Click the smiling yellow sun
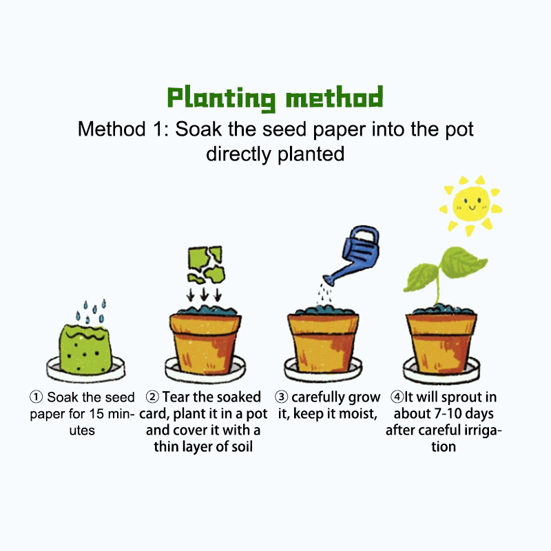pos(470,205)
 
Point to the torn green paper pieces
pos(206,264)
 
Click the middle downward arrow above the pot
pos(204,295)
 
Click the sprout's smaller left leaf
pos(420,278)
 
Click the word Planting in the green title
pos(221,98)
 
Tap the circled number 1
pos(36,397)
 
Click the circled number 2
pos(152,397)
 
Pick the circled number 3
pos(281,397)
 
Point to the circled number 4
pos(397,397)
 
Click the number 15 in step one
pos(96,414)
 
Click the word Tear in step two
pos(176,397)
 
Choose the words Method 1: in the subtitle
pos(123,129)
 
